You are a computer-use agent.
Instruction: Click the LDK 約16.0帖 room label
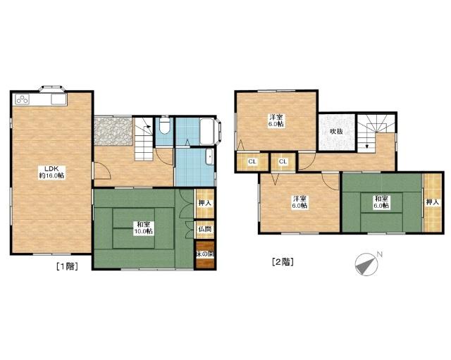(x=51, y=172)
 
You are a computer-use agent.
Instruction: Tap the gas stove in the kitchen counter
(x=23, y=99)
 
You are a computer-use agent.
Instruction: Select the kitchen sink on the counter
(x=59, y=99)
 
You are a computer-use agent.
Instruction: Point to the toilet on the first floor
(x=165, y=125)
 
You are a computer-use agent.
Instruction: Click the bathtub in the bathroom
(x=208, y=131)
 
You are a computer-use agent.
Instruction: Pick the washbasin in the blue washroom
(x=210, y=156)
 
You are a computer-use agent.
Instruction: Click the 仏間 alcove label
(x=205, y=229)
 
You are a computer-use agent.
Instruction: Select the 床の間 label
(x=205, y=254)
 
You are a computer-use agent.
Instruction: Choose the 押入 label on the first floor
(x=205, y=203)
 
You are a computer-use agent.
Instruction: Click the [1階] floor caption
(x=67, y=266)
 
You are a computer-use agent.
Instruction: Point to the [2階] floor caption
(x=283, y=261)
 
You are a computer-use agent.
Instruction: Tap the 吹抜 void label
(x=337, y=132)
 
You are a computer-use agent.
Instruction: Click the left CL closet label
(x=252, y=161)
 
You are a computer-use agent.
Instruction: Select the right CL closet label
(x=283, y=161)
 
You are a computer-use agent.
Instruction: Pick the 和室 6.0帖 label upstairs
(x=382, y=202)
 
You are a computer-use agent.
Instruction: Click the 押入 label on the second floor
(x=433, y=202)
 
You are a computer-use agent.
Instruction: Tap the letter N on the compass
(x=380, y=254)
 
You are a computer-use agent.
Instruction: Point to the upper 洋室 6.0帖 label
(x=276, y=120)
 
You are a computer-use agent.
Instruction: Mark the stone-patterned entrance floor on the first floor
(x=113, y=131)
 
